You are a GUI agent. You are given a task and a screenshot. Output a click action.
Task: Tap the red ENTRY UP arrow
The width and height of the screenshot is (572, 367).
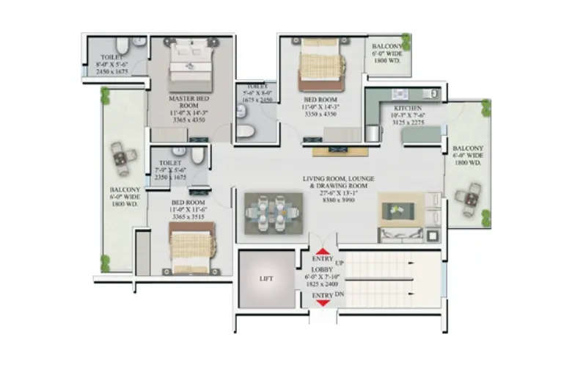pyautogui.click(x=322, y=252)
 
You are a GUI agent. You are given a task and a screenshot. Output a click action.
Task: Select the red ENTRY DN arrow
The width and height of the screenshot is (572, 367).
pyautogui.click(x=322, y=302)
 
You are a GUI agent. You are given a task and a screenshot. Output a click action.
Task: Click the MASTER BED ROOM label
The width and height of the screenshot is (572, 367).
pyautogui.click(x=181, y=98)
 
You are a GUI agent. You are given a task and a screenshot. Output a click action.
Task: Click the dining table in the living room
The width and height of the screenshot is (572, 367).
pyautogui.click(x=273, y=213)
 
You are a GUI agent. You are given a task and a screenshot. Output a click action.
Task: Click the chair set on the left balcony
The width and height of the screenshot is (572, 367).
pyautogui.click(x=123, y=156)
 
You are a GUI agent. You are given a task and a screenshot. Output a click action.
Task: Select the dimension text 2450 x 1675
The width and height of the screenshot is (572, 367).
pyautogui.click(x=111, y=72)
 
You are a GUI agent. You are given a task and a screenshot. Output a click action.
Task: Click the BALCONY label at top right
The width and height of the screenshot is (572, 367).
pyautogui.click(x=386, y=46)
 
